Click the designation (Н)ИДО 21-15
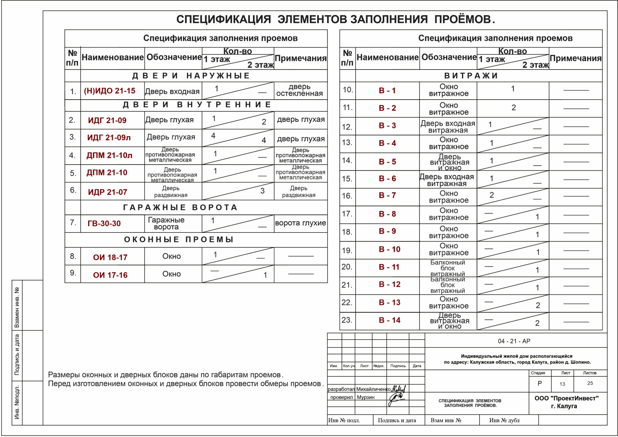(110, 91)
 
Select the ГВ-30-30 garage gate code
(104, 224)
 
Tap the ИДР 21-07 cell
(107, 192)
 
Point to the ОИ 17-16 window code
(110, 275)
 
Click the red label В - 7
(387, 195)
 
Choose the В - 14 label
(389, 320)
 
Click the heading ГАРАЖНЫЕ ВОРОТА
(180, 207)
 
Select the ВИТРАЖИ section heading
(471, 76)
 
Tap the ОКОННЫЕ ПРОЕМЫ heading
(179, 239)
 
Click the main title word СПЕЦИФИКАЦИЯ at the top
(224, 19)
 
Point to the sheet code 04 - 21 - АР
(514, 341)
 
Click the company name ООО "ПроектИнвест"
(566, 398)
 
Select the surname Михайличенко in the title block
(373, 389)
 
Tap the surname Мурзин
(365, 397)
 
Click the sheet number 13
(562, 384)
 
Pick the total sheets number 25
(590, 383)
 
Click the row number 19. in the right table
(347, 251)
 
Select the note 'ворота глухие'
(301, 223)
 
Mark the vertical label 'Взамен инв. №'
(17, 307)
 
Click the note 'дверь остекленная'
(299, 90)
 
